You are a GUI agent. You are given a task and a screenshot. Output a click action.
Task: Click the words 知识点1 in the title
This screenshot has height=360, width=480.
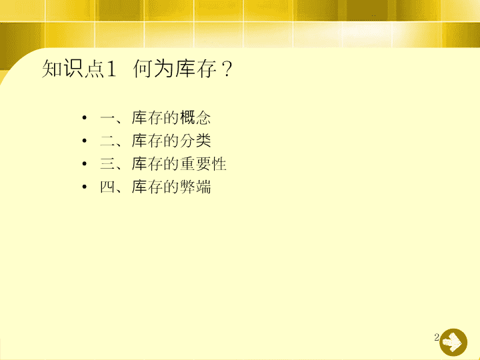click(x=79, y=68)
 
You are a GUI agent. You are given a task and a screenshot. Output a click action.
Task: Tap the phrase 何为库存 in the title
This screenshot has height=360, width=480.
click(x=175, y=68)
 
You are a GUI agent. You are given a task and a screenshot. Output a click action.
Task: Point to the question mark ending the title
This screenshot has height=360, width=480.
click(x=227, y=69)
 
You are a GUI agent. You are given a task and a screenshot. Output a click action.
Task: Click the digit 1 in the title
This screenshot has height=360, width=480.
click(x=111, y=69)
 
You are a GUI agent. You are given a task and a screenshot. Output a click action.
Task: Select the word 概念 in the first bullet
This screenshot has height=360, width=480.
click(x=195, y=117)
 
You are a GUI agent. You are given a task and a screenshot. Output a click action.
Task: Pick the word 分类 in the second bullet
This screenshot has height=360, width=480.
click(x=195, y=141)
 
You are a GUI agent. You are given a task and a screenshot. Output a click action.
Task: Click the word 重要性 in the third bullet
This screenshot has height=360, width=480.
click(x=203, y=163)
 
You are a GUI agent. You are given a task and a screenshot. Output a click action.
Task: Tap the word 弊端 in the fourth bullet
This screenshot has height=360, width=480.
click(x=195, y=187)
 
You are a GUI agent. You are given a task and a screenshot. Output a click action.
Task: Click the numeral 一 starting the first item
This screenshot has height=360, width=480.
click(x=107, y=118)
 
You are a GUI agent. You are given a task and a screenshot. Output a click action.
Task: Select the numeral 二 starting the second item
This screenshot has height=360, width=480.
click(x=107, y=141)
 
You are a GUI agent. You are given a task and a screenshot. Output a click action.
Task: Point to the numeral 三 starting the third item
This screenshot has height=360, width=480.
click(x=107, y=164)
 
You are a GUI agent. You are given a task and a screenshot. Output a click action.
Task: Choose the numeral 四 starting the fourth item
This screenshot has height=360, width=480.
click(x=107, y=187)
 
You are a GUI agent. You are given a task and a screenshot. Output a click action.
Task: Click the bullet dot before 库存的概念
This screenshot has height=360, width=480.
click(x=85, y=117)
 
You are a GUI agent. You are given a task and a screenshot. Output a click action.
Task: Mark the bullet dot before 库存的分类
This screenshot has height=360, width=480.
click(x=85, y=141)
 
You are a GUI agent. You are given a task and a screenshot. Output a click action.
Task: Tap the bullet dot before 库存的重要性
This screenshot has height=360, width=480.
click(x=85, y=163)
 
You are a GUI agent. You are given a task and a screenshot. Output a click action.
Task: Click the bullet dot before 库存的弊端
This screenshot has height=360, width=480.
click(x=85, y=187)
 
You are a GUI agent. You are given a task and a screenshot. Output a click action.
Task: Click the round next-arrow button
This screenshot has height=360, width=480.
click(x=453, y=342)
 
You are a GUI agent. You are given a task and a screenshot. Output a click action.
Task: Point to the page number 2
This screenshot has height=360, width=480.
click(x=437, y=337)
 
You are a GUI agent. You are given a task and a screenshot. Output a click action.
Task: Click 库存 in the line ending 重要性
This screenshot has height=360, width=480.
click(x=147, y=163)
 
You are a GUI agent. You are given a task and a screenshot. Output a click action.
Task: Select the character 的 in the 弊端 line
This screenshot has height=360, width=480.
click(x=171, y=187)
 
